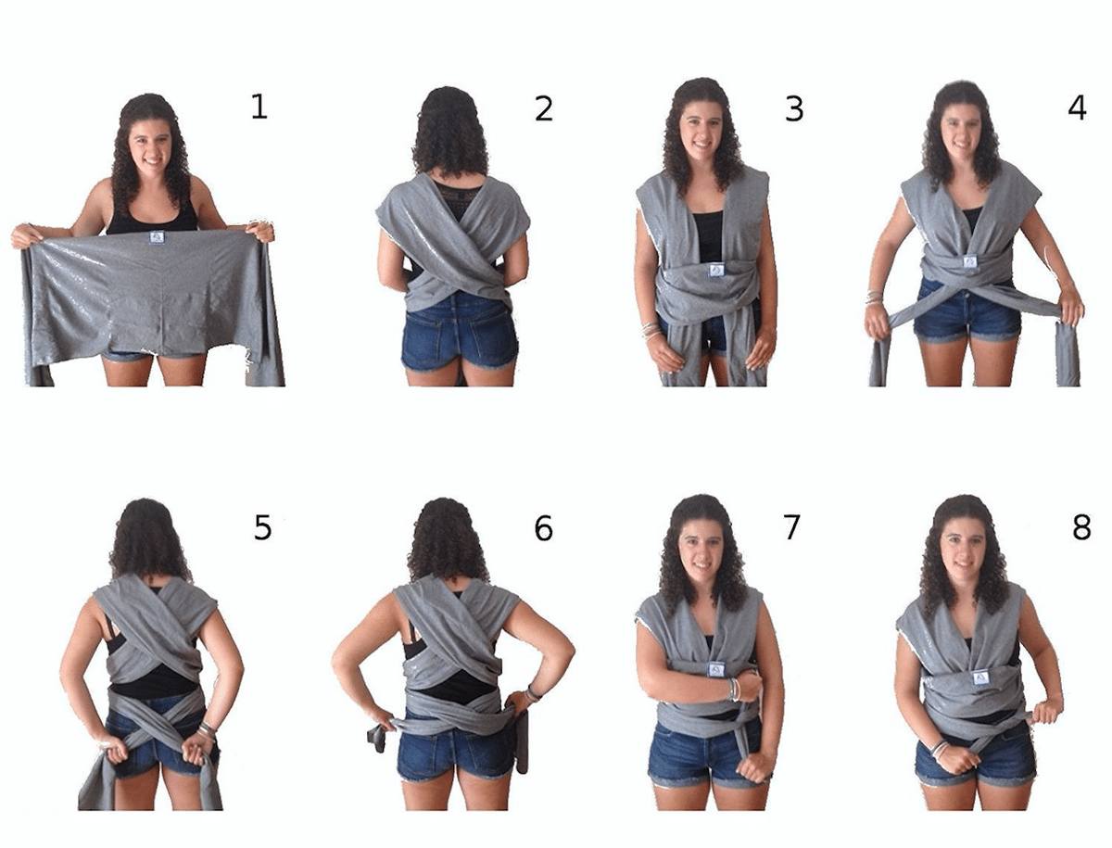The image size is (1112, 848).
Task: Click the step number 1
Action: click(259, 108)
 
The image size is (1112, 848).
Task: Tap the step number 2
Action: click(544, 109)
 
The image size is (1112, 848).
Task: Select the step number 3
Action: click(794, 109)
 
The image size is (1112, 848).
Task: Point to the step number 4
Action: click(1077, 108)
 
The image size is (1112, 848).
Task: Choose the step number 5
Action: click(262, 528)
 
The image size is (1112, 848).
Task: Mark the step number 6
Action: click(544, 528)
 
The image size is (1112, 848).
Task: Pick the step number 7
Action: click(791, 527)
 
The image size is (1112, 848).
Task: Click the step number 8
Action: click(1080, 527)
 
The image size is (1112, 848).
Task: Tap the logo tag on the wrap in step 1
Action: click(156, 237)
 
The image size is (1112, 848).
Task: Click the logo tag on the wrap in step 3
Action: click(714, 269)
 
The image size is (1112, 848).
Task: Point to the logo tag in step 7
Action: click(714, 669)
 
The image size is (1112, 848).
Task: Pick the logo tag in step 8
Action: click(981, 677)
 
